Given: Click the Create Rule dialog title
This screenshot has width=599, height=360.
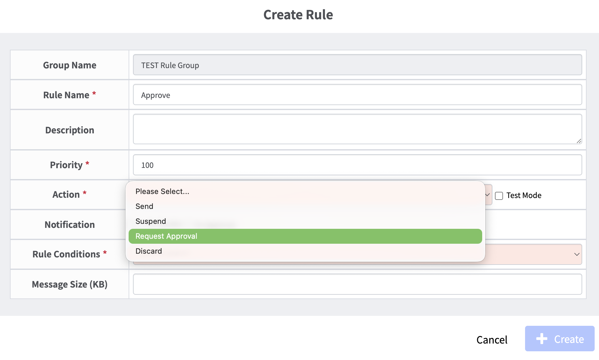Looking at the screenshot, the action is pyautogui.click(x=298, y=15).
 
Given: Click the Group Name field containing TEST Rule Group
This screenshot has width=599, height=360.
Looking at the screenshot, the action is pyautogui.click(x=357, y=65).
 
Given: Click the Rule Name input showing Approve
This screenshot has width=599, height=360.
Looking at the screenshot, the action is pyautogui.click(x=357, y=95).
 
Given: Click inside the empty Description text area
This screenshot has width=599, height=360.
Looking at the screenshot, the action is pyautogui.click(x=357, y=129).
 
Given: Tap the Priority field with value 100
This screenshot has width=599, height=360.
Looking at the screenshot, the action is pyautogui.click(x=357, y=165).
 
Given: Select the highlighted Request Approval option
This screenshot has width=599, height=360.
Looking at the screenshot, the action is pyautogui.click(x=305, y=236).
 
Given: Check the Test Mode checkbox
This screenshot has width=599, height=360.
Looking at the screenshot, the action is pyautogui.click(x=499, y=196).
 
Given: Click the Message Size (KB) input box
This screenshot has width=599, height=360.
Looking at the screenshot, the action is pyautogui.click(x=357, y=284).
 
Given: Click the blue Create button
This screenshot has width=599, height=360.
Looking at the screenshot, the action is pyautogui.click(x=560, y=339).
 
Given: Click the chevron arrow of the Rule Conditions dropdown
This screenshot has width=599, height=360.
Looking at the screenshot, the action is pyautogui.click(x=577, y=254).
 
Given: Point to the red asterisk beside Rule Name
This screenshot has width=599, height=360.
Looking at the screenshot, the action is pyautogui.click(x=94, y=93).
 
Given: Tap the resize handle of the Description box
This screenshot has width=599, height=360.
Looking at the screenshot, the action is pyautogui.click(x=579, y=141).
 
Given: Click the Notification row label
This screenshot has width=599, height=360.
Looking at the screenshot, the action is pyautogui.click(x=70, y=224).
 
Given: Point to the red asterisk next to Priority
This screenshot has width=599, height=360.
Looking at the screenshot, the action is pyautogui.click(x=87, y=163).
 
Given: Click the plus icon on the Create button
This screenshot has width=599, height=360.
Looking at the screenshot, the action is pyautogui.click(x=542, y=339).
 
